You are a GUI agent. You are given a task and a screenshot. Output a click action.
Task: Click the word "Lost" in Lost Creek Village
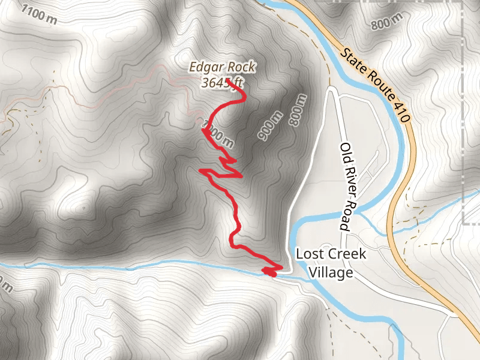(307, 254)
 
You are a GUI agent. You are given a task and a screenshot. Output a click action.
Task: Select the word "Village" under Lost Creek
(331, 272)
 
